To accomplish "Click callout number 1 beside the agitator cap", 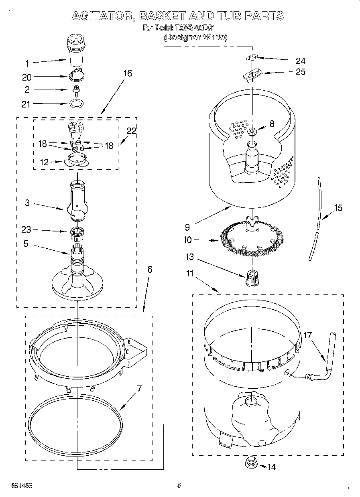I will (27, 63).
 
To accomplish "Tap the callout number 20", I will (27, 77).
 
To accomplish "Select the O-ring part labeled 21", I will (76, 103).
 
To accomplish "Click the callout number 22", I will (131, 130).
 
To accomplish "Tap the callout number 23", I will (27, 230).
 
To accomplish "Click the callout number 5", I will (26, 243).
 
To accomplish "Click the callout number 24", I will (300, 61).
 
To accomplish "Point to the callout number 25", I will (300, 72).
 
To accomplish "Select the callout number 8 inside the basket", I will (272, 124).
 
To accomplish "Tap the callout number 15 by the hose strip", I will (338, 208).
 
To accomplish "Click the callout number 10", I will (188, 240).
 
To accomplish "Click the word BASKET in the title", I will (162, 16).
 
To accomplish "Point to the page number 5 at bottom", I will (179, 485).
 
